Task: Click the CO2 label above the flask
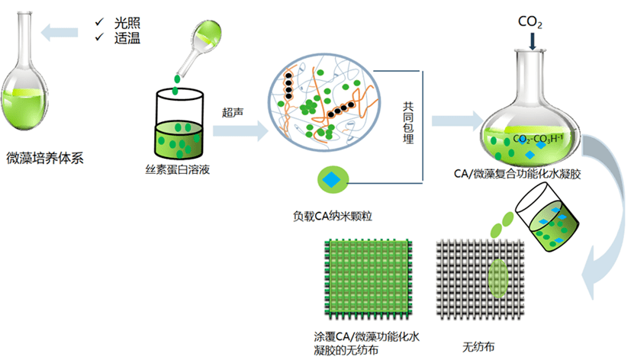[x=530, y=21]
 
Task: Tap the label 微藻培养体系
[x=48, y=159]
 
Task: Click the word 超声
[x=233, y=111]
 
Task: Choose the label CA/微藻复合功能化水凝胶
[x=528, y=175]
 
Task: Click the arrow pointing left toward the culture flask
[x=61, y=31]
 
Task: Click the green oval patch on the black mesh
[x=497, y=279]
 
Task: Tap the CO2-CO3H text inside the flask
[x=543, y=139]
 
